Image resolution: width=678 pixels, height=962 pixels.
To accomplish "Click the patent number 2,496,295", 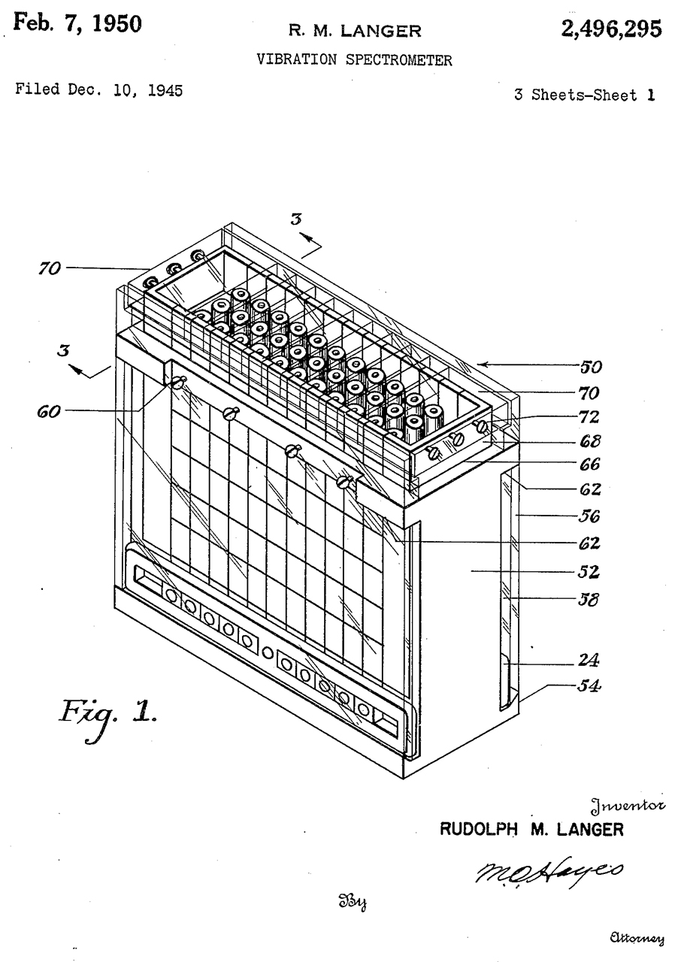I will click(x=610, y=29).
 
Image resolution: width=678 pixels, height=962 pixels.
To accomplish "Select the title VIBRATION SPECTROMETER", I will click(x=355, y=60).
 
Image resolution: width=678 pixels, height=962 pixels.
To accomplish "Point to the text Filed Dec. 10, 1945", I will click(x=98, y=92).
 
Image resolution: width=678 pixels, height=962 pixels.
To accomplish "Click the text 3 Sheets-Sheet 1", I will click(x=584, y=95).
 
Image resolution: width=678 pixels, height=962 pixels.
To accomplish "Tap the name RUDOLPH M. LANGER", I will click(x=531, y=830).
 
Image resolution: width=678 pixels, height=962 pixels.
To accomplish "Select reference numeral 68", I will click(x=589, y=441).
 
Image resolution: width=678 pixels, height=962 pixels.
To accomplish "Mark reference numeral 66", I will click(x=589, y=465).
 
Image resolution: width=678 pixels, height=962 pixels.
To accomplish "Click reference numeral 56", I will click(x=589, y=516).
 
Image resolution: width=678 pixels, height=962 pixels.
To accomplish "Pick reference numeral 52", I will click(x=589, y=572).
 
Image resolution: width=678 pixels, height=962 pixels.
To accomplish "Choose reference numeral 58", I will click(x=589, y=600).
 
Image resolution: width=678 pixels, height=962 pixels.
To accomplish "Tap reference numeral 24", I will click(x=589, y=661).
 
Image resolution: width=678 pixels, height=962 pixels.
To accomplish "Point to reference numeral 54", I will click(x=589, y=685).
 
